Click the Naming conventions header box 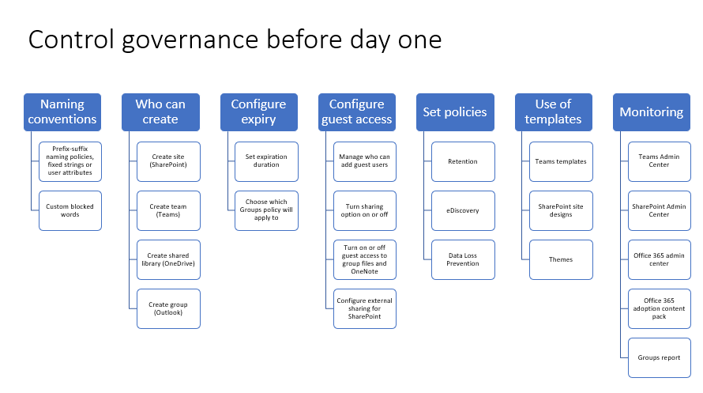[62, 112]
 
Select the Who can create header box [160, 112]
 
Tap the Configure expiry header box [259, 112]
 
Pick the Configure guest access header [357, 112]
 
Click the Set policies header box [455, 112]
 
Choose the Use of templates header [553, 112]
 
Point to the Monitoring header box [652, 112]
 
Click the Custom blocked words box [70, 211]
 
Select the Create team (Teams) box [168, 211]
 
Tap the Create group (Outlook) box [168, 308]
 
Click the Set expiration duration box [266, 161]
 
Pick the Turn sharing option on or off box [364, 211]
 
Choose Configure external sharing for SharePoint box [364, 308]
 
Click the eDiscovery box [463, 211]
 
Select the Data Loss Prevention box [463, 259]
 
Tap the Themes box [561, 259]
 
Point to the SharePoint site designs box [561, 211]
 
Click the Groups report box [659, 358]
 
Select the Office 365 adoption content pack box [659, 308]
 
